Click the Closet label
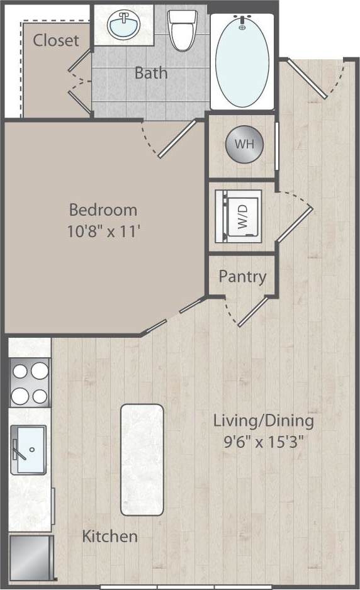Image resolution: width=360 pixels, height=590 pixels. (x=56, y=40)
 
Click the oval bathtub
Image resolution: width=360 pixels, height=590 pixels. (x=242, y=59)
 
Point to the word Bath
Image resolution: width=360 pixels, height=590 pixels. (x=151, y=72)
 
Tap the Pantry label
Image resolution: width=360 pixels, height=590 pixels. (x=242, y=276)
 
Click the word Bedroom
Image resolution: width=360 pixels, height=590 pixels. (x=103, y=209)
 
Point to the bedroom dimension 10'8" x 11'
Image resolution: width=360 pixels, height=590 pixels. (x=103, y=231)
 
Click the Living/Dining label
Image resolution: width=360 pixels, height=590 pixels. (x=263, y=420)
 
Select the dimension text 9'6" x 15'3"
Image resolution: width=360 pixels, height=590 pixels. (x=263, y=441)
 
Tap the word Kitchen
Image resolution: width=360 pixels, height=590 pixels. (x=110, y=537)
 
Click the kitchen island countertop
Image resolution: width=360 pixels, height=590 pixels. (x=142, y=460)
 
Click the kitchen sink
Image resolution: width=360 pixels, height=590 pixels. (x=29, y=450)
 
